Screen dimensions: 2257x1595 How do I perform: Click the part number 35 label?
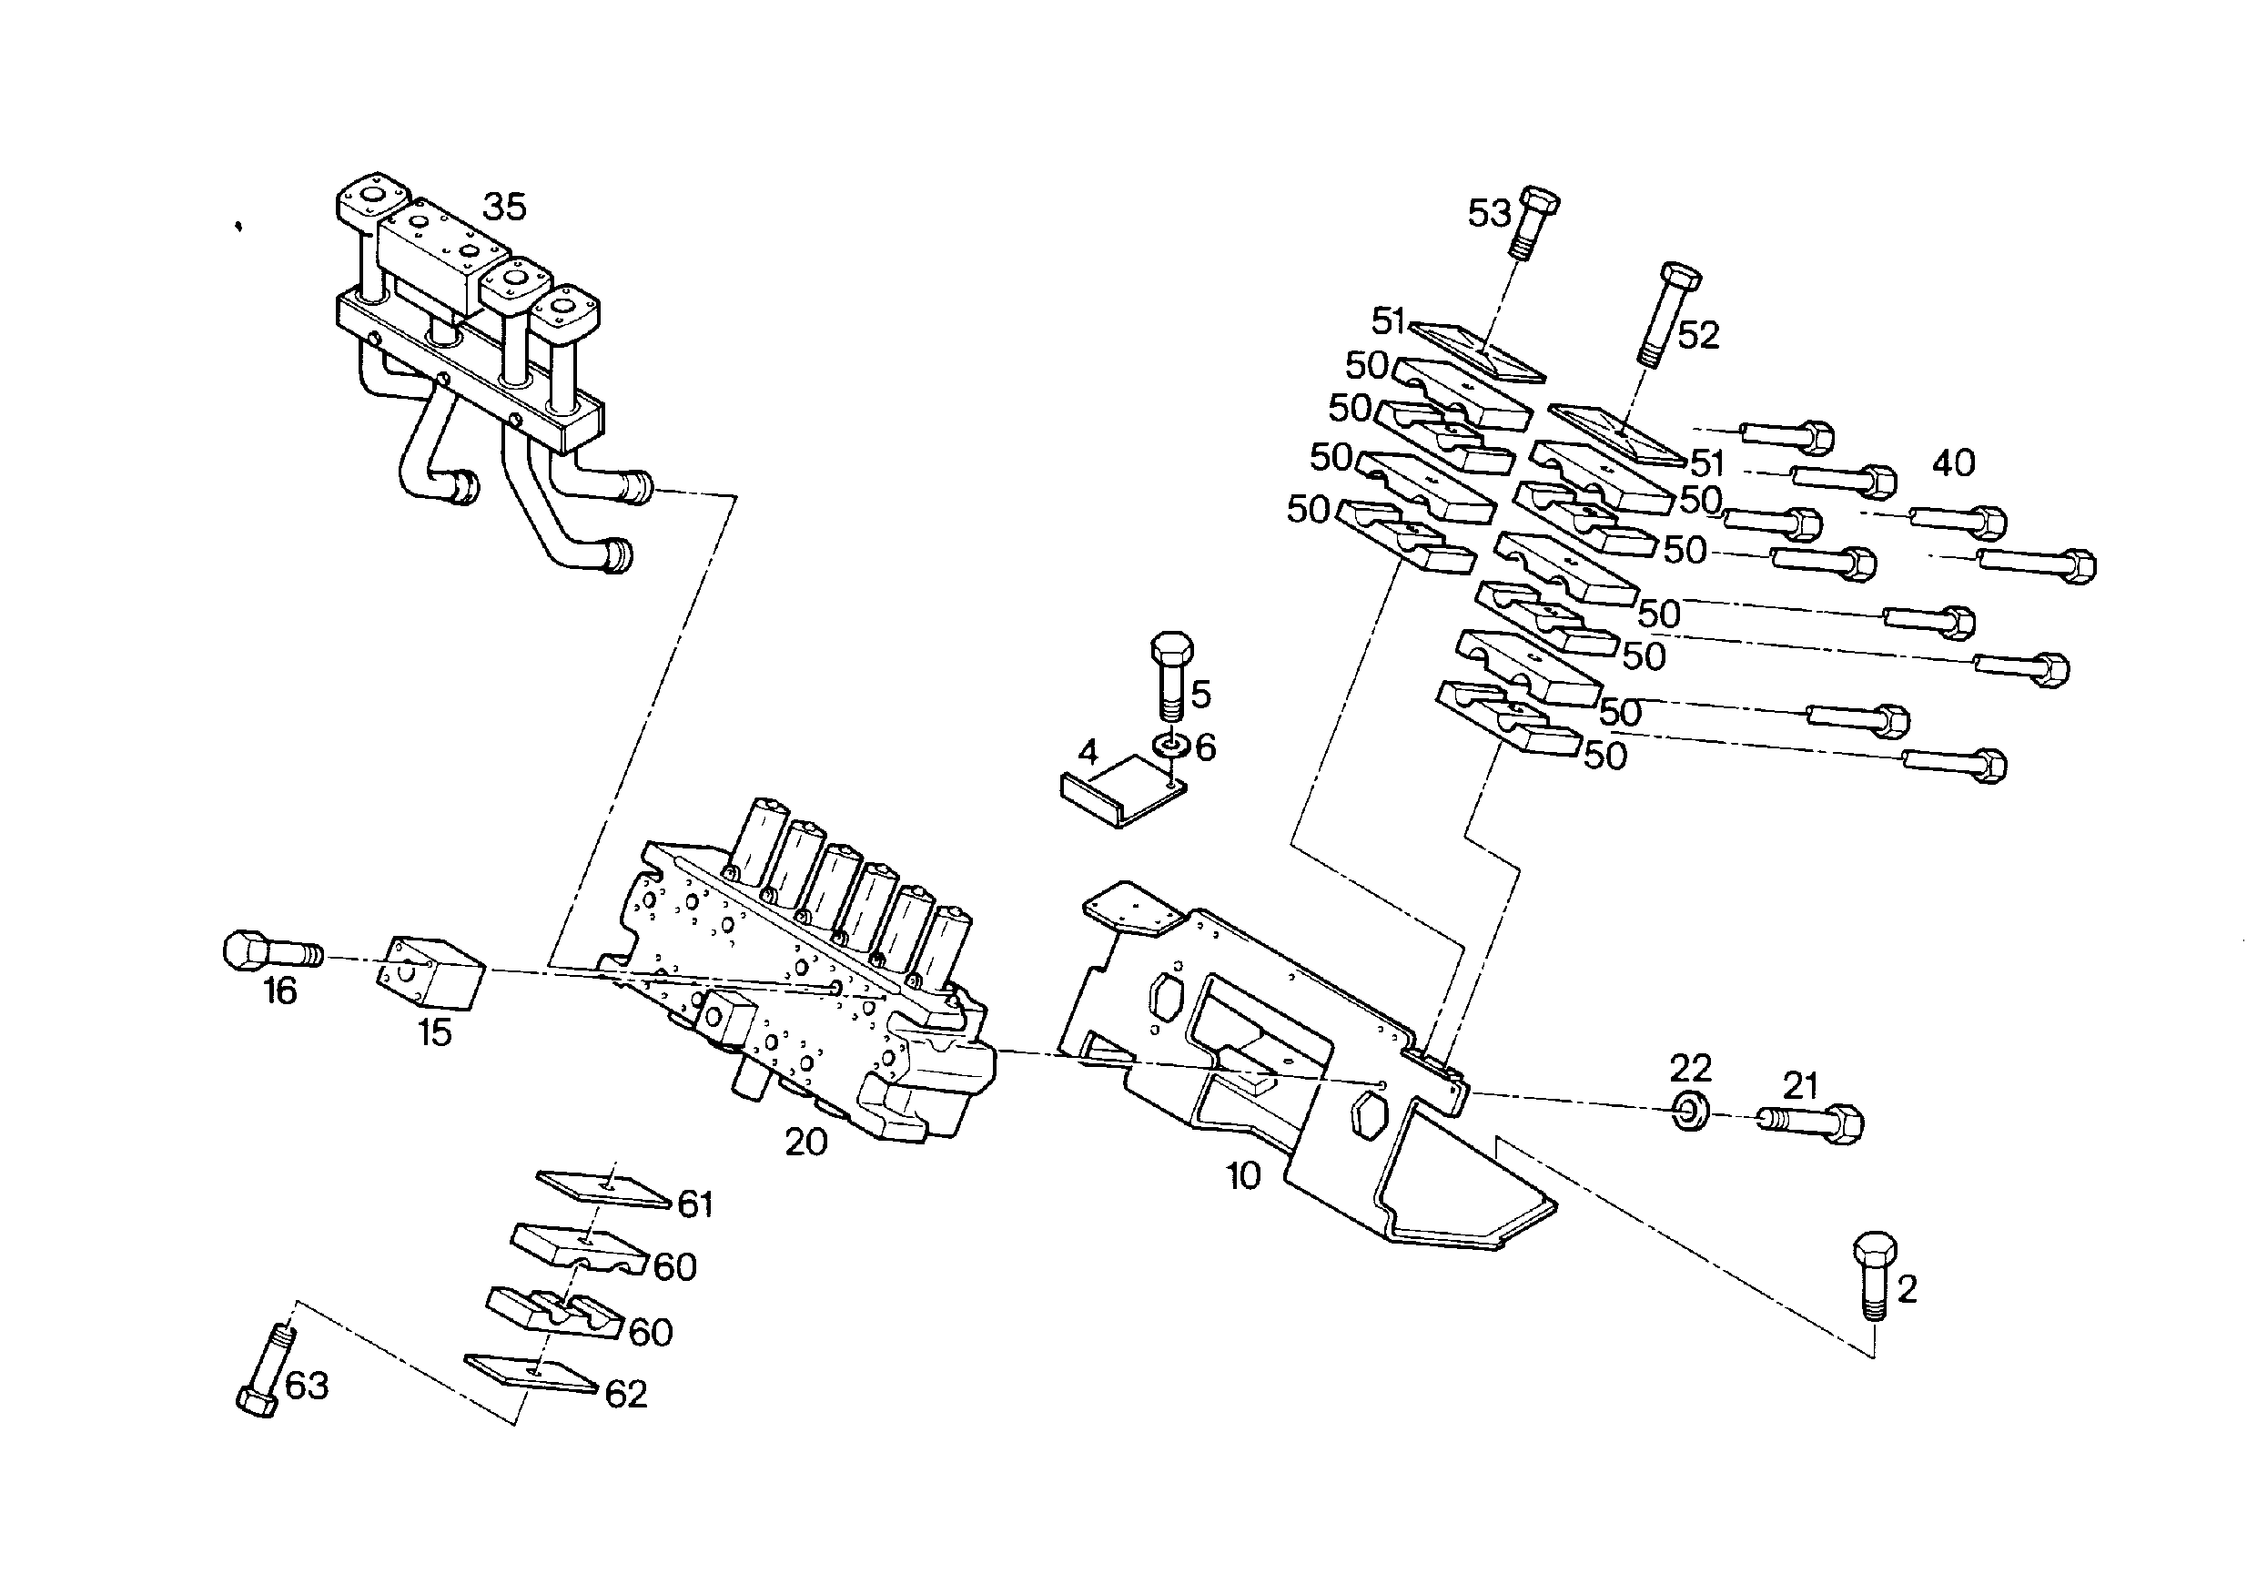(x=504, y=207)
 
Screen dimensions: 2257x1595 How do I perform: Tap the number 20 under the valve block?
(x=805, y=1142)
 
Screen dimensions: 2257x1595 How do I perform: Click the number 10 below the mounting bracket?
(x=1242, y=1176)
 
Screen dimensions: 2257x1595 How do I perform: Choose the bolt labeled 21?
(x=1810, y=1122)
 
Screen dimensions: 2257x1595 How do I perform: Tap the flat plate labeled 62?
(x=531, y=1373)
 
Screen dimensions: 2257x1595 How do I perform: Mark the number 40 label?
(x=1952, y=462)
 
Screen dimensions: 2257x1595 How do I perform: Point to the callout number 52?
(x=1697, y=335)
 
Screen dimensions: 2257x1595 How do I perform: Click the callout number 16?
(x=280, y=991)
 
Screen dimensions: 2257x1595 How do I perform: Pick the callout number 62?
(x=626, y=1395)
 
